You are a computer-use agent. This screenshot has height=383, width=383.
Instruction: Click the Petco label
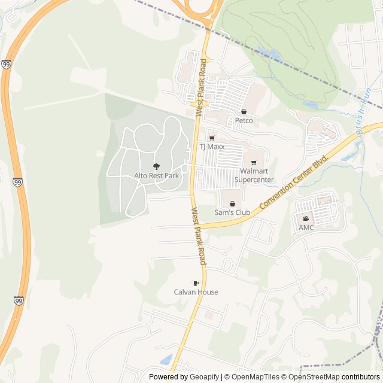point(244,120)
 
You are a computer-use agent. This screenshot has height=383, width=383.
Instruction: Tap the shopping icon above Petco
point(244,111)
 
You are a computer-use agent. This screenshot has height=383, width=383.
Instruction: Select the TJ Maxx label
point(212,147)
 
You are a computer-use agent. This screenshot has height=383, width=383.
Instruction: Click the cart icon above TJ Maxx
point(212,138)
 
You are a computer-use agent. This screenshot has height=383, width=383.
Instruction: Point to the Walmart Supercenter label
point(254,175)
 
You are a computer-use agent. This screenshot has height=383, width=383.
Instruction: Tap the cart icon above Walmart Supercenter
point(254,163)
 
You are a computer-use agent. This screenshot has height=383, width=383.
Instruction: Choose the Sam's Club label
point(232,212)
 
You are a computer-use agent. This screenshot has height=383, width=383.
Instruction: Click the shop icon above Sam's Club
point(232,203)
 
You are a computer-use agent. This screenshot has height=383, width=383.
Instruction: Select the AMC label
point(306,227)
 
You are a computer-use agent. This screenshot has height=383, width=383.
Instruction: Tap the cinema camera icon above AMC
point(306,218)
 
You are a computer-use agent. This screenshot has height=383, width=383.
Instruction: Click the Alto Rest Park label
point(156,176)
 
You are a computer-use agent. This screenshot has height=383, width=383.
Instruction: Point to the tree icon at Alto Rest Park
point(156,166)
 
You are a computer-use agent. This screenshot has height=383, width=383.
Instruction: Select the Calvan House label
point(196,292)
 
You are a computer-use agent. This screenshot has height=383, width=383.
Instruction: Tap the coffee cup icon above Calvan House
point(196,283)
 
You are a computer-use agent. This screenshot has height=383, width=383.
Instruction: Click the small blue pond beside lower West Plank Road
point(166,360)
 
